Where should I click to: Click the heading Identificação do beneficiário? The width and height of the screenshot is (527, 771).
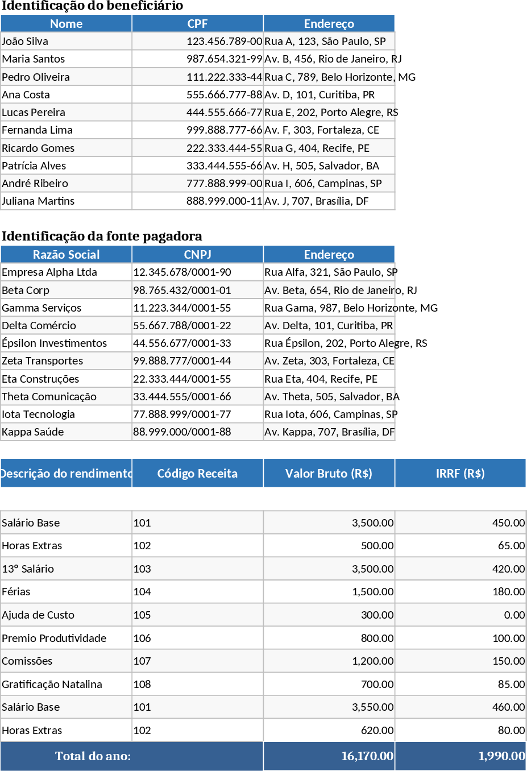(x=92, y=6)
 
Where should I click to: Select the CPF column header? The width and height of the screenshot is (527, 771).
(x=197, y=24)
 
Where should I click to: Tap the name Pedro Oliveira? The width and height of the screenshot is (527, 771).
(x=36, y=77)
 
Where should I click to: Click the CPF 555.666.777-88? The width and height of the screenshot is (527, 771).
(x=224, y=94)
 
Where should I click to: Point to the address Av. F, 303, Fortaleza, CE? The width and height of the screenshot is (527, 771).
(x=322, y=130)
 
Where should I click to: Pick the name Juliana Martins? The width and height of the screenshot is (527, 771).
(x=38, y=201)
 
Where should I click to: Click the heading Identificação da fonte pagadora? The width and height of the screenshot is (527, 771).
(x=102, y=237)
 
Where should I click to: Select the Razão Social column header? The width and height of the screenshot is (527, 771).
(x=66, y=255)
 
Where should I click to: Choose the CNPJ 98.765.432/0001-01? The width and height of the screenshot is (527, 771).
(x=182, y=291)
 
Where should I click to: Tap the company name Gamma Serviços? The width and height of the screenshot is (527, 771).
(x=42, y=308)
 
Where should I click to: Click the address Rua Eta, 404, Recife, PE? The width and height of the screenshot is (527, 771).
(x=321, y=379)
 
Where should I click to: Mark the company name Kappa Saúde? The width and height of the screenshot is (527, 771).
(x=33, y=432)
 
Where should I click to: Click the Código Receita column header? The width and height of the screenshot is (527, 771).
(x=197, y=474)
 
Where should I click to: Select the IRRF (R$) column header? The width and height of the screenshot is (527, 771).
(x=460, y=474)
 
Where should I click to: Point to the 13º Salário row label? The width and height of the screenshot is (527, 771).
(x=28, y=569)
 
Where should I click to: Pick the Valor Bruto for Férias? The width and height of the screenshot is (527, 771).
(x=372, y=592)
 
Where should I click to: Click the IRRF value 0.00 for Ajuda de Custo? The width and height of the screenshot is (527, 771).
(x=514, y=615)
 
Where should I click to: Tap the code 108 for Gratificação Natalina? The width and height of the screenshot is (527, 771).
(x=142, y=685)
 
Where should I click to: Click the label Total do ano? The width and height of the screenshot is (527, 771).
(x=93, y=756)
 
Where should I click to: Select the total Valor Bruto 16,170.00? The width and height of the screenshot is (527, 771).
(x=367, y=756)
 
